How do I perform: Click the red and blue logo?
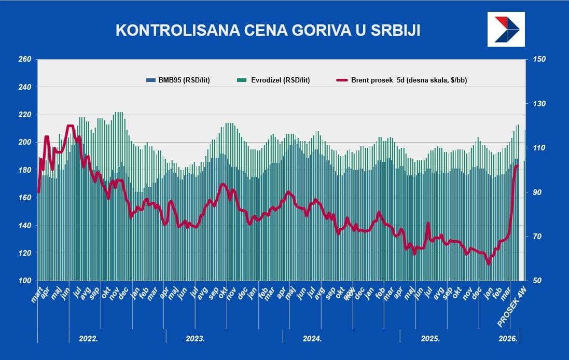tap(506, 30)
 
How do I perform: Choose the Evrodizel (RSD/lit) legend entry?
tap(273, 80)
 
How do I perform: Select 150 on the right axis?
tap(539, 60)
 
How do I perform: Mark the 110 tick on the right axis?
tap(539, 148)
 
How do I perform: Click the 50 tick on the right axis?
tap(537, 281)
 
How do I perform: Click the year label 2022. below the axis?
tap(88, 338)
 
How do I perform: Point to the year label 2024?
tap(312, 338)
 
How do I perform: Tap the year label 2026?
tap(508, 338)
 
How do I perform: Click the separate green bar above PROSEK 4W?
tap(525, 207)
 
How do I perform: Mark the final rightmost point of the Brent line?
tap(517, 165)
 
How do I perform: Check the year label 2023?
tap(195, 338)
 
